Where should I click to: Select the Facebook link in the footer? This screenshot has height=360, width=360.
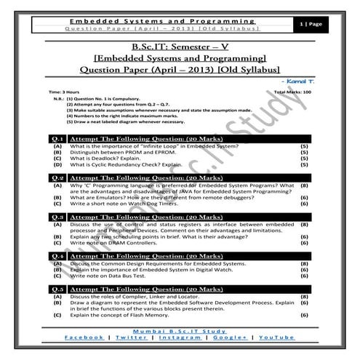click(x=84, y=337)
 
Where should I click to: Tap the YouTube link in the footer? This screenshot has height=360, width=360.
click(x=276, y=337)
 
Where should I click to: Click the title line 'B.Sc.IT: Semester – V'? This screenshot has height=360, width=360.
click(x=180, y=47)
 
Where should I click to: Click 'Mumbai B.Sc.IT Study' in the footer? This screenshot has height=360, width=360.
click(x=180, y=330)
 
